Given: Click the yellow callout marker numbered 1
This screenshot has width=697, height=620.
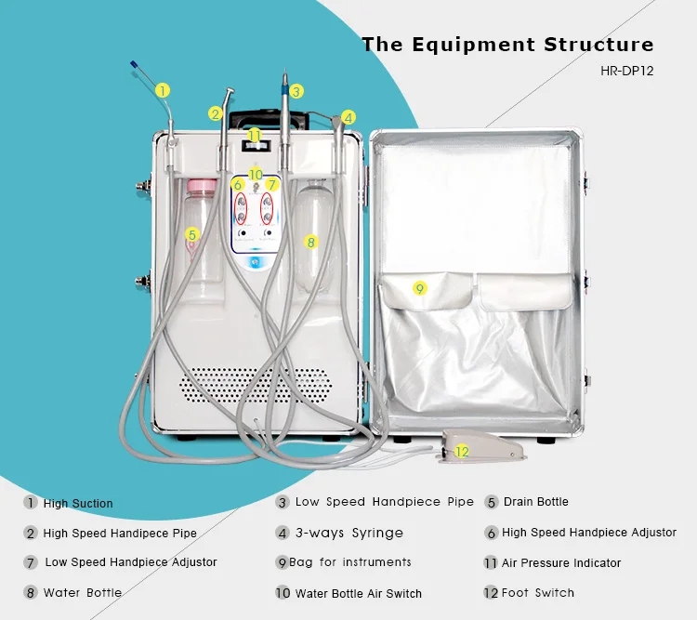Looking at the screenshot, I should click(163, 90).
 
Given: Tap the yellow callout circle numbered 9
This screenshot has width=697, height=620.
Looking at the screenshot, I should click(419, 289).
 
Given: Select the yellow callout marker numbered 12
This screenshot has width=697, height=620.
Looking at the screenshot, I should click(462, 452).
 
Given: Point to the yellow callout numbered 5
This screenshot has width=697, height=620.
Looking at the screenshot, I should click(192, 234).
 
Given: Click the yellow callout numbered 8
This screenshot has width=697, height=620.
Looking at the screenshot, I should click(311, 242).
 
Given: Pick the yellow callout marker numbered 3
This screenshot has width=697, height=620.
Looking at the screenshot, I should click(296, 91).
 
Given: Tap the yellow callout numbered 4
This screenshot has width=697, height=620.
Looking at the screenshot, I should click(348, 117).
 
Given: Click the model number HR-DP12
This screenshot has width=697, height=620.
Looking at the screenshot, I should click(627, 70).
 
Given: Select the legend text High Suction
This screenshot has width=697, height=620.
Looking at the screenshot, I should click(78, 504).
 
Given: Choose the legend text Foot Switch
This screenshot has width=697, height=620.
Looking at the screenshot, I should click(538, 593).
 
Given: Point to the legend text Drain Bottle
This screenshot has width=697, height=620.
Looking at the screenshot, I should click(536, 502).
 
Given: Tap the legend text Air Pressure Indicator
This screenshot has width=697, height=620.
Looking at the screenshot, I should click(561, 563).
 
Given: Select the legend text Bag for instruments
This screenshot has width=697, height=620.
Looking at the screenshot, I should click(350, 563).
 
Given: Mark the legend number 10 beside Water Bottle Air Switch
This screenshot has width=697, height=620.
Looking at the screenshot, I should click(283, 593).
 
